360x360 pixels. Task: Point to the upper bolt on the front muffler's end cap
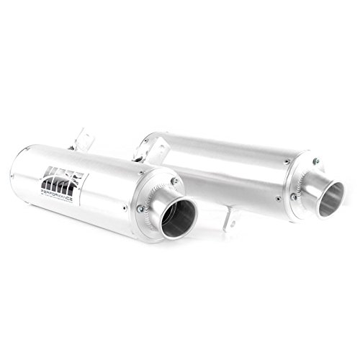tap(174, 181)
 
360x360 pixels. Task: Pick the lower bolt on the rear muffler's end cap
tap(293, 195)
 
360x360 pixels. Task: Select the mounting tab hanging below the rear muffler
tap(230, 219)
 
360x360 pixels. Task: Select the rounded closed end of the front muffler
tap(16, 173)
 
